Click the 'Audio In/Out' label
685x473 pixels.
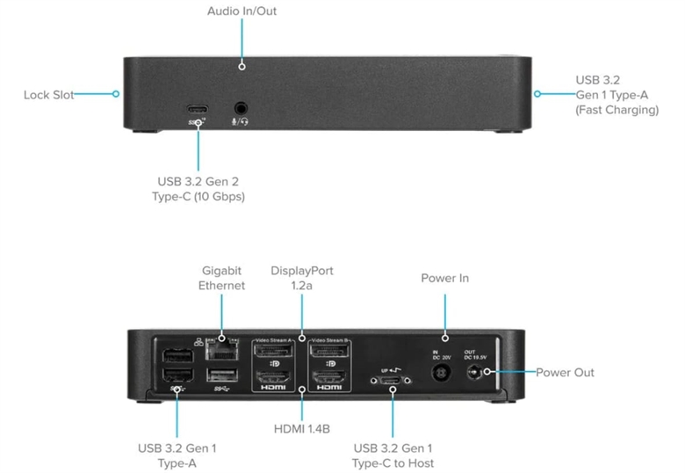[242, 11]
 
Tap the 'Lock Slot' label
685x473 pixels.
[49, 94]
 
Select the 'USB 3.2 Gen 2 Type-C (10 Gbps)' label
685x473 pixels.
[198, 189]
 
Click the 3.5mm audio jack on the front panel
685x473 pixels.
[240, 107]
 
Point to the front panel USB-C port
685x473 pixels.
[198, 108]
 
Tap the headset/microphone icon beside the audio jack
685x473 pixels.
[240, 122]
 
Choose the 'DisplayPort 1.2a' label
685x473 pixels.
[302, 278]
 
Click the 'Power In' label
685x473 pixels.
[445, 278]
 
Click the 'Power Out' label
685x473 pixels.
[566, 373]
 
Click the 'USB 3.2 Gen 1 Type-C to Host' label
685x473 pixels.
[393, 455]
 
